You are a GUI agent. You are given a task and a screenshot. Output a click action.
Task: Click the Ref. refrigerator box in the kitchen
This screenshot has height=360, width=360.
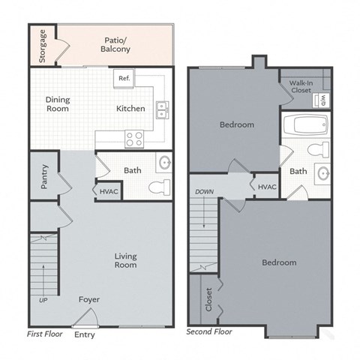[x=123, y=78]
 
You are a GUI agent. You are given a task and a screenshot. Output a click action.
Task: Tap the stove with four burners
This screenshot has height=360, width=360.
[x=134, y=139]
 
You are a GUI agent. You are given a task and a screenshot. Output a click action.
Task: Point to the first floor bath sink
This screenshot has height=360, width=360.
[x=165, y=163]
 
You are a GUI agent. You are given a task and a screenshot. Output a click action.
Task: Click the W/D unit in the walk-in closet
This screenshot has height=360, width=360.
[x=322, y=99]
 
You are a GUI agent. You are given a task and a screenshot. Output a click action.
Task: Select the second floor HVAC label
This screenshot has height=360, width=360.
[x=267, y=187]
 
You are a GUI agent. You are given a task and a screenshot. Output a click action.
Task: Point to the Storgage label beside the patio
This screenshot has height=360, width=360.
[x=43, y=46]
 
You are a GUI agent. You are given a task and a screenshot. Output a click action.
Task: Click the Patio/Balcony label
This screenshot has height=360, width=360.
[x=115, y=44]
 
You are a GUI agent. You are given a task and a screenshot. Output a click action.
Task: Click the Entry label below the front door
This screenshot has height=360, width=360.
[x=85, y=334]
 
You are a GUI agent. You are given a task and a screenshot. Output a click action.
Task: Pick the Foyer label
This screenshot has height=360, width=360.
[x=88, y=300]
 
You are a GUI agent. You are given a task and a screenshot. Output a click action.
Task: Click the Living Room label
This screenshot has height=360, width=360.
[x=125, y=260]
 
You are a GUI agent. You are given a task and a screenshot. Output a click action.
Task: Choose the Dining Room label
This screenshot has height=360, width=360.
[x=58, y=103]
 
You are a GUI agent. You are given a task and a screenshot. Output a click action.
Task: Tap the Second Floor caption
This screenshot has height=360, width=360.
[x=209, y=331]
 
